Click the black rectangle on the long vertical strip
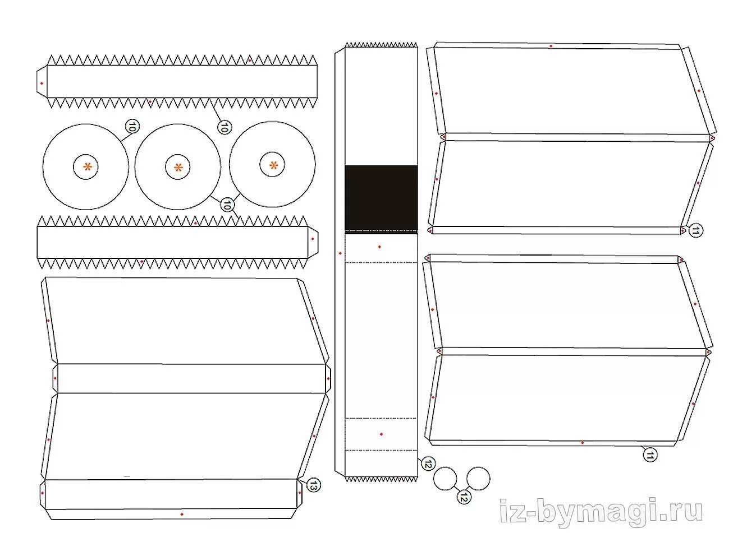point(381,197)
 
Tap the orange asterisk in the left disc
point(88,166)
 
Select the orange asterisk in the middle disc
point(178,167)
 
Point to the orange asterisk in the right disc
point(273,165)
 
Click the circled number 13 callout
point(313,485)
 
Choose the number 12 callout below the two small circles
point(464,497)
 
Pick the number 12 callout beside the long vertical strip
point(428,464)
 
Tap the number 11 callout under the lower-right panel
point(649,455)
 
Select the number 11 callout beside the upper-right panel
point(695,230)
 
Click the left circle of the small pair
point(446,478)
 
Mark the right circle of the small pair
point(478,478)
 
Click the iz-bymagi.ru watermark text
point(601,511)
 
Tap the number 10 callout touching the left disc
point(132,127)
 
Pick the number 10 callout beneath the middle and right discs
point(226,205)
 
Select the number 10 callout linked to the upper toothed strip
point(223,127)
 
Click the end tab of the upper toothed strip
point(42,82)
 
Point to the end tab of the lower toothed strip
point(313,239)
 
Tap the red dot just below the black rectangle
point(379,247)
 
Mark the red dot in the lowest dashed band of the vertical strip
point(381,434)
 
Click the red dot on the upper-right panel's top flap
point(551,46)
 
